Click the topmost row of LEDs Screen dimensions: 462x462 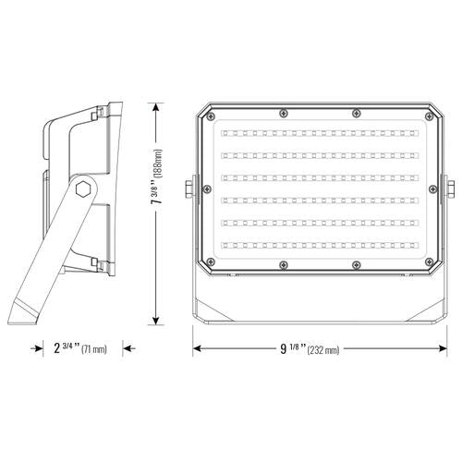(320, 131)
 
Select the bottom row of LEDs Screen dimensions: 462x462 (320, 246)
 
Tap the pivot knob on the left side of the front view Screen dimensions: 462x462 (192, 189)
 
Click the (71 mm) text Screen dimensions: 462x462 (94, 349)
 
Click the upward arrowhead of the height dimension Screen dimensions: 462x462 (160, 105)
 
